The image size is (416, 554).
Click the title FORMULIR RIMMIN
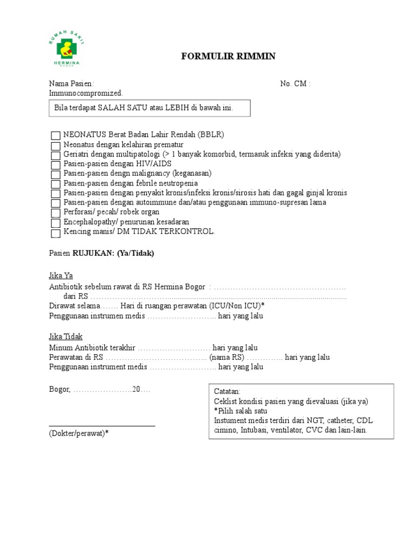[227, 57]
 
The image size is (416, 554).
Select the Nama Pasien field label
[71, 84]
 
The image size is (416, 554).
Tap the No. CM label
[295, 84]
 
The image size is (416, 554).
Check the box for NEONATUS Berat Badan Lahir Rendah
[55, 136]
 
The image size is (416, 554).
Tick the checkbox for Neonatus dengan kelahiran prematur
[55, 146]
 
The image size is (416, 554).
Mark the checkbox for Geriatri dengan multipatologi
[55, 155]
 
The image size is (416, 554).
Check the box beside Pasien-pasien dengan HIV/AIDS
[55, 165]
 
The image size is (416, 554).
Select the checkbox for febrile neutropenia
[55, 184]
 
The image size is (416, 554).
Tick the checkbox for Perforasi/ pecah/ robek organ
[55, 214]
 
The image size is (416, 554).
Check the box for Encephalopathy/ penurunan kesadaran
[55, 223]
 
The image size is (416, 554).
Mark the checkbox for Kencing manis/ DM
[55, 233]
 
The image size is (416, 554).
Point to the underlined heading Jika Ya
[60, 275]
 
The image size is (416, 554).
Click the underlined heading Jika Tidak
[66, 337]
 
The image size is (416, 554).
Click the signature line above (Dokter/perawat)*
[102, 426]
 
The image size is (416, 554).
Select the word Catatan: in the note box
[227, 392]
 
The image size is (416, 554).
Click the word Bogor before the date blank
[59, 390]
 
